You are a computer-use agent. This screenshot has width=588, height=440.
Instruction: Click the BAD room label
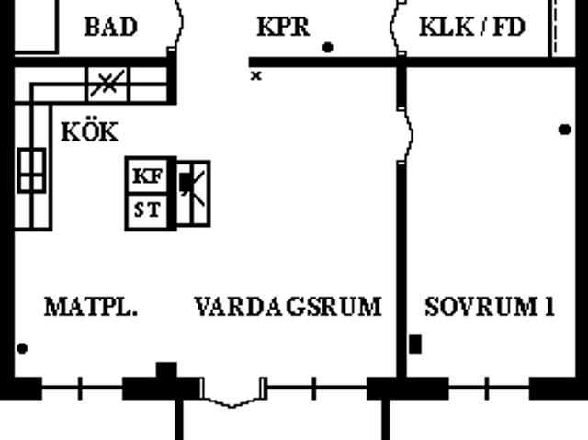point(111,27)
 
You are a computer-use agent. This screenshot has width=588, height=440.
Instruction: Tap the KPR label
point(284,27)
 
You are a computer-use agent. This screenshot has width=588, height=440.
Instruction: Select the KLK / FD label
point(472,27)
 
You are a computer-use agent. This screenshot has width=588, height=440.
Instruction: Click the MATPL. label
point(91,307)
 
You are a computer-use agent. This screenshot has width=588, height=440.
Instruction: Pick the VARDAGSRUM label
point(288,307)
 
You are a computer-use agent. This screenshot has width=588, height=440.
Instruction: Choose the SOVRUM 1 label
point(490,307)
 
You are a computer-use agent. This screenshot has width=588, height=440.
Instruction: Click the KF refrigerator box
point(148,175)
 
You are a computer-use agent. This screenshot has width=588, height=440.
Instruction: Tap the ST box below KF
point(148,210)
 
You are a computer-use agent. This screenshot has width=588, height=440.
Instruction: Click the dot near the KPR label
point(328,48)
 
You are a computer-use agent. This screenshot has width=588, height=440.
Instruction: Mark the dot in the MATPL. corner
point(22,348)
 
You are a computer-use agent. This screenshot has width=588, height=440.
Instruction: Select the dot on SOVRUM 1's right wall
point(565,130)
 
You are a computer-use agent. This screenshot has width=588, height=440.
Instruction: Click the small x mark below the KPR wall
point(256,76)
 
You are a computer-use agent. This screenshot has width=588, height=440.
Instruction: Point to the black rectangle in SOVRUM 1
point(415,344)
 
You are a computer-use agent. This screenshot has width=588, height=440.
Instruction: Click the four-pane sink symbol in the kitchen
point(32,171)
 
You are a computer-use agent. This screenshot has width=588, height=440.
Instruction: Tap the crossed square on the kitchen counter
point(107,84)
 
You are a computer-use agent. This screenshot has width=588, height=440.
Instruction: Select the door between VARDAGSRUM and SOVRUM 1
point(406,136)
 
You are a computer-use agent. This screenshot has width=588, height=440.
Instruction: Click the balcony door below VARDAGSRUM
point(232,393)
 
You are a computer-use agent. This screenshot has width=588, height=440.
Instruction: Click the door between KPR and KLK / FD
point(398,27)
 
